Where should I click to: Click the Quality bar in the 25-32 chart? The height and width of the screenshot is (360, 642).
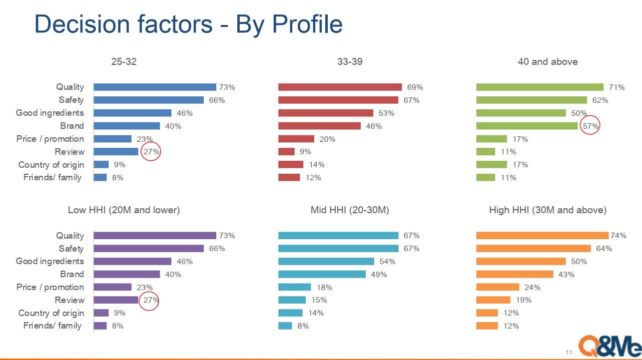(x=154, y=87)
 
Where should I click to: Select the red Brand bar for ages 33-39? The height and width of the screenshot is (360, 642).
(x=319, y=126)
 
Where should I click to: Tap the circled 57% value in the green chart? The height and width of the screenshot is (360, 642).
(x=590, y=126)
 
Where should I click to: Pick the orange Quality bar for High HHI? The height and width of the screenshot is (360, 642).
(x=542, y=236)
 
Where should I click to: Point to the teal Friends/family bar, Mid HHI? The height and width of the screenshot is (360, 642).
(x=285, y=326)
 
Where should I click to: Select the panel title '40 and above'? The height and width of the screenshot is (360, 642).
(x=548, y=62)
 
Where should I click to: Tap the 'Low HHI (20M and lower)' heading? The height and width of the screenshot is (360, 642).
(x=124, y=210)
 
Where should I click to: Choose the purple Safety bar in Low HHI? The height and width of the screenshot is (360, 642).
(x=149, y=249)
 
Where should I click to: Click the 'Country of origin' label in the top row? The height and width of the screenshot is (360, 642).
(x=51, y=165)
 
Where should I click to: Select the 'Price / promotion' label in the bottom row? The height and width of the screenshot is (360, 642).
(x=50, y=287)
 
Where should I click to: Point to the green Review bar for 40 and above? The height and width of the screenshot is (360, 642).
(x=486, y=152)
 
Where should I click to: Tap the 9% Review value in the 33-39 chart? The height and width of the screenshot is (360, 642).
(x=305, y=152)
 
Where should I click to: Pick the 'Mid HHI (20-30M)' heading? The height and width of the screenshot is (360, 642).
(x=350, y=210)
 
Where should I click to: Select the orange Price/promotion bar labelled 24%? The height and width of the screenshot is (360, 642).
(x=498, y=287)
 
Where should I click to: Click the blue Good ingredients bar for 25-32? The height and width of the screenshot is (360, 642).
(x=132, y=113)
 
